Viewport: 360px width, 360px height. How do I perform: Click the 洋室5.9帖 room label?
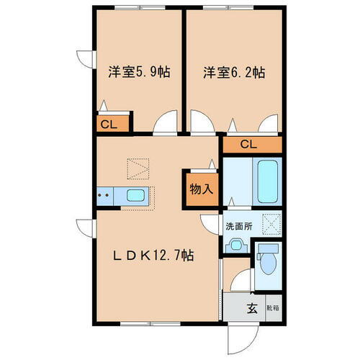pos(140,72)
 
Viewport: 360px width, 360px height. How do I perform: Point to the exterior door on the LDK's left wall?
pos(85,226)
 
